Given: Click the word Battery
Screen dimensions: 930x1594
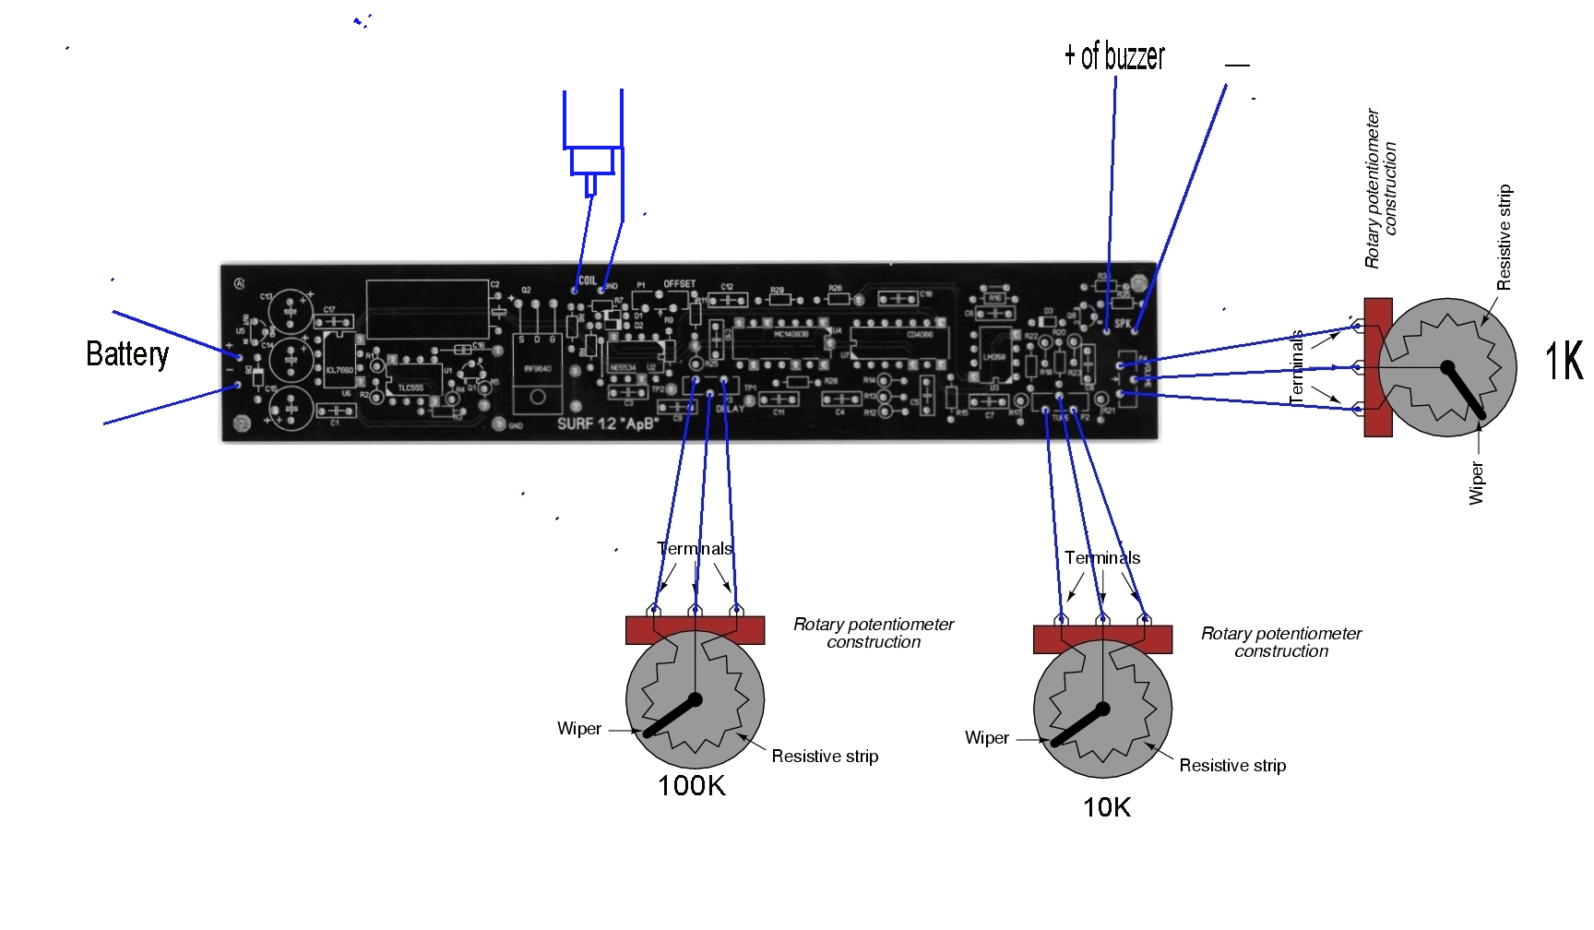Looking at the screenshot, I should pyautogui.click(x=127, y=354).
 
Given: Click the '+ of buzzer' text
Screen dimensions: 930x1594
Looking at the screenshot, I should pyautogui.click(x=1114, y=56).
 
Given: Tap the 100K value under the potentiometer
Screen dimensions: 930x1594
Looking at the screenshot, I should pyautogui.click(x=692, y=786).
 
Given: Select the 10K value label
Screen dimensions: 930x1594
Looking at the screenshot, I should pyautogui.click(x=1106, y=807).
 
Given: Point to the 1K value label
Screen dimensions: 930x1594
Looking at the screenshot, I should pyautogui.click(x=1564, y=361).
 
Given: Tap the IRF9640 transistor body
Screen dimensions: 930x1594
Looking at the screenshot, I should pyautogui.click(x=537, y=369).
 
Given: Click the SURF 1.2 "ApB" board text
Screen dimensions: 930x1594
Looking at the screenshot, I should pyautogui.click(x=607, y=424).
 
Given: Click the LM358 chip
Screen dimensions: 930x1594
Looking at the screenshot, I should pyautogui.click(x=993, y=356).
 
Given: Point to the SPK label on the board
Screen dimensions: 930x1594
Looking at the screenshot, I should pyautogui.click(x=1122, y=324).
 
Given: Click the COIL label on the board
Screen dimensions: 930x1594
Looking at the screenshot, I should pyautogui.click(x=588, y=281).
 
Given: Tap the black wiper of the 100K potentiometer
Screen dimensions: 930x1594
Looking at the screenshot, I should pyautogui.click(x=672, y=717).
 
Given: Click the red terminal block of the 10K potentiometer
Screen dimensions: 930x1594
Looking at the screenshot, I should pyautogui.click(x=1102, y=638).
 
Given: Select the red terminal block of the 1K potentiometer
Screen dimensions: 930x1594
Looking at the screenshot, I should pyautogui.click(x=1377, y=366).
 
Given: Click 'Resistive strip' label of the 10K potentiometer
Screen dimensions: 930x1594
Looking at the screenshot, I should pyautogui.click(x=1232, y=766).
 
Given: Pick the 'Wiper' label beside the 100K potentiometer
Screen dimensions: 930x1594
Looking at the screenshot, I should pyautogui.click(x=579, y=729).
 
